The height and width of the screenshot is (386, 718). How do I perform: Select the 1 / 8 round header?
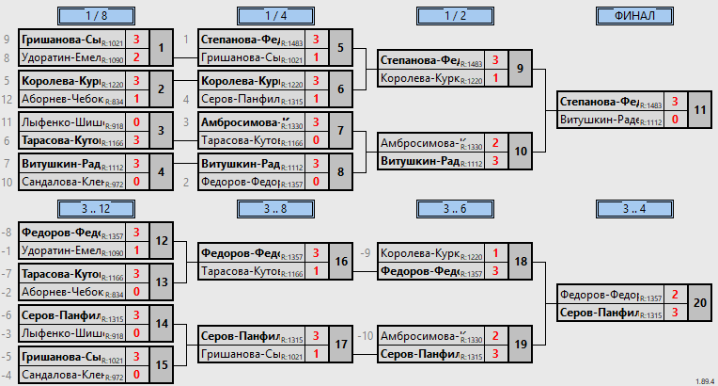95,15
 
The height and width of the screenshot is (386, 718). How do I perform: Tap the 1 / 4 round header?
275,15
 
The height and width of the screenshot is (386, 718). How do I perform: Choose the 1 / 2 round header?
454,15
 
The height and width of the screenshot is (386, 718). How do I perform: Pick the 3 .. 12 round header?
95,208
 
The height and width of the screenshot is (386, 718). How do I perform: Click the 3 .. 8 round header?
275,208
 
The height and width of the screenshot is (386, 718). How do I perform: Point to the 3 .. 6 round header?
454,208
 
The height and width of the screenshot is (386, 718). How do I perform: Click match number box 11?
700,110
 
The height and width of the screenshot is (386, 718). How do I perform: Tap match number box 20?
700,303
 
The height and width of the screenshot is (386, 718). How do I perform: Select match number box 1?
162,48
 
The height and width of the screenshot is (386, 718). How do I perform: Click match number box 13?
162,281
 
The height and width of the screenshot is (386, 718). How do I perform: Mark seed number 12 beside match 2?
8,99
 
